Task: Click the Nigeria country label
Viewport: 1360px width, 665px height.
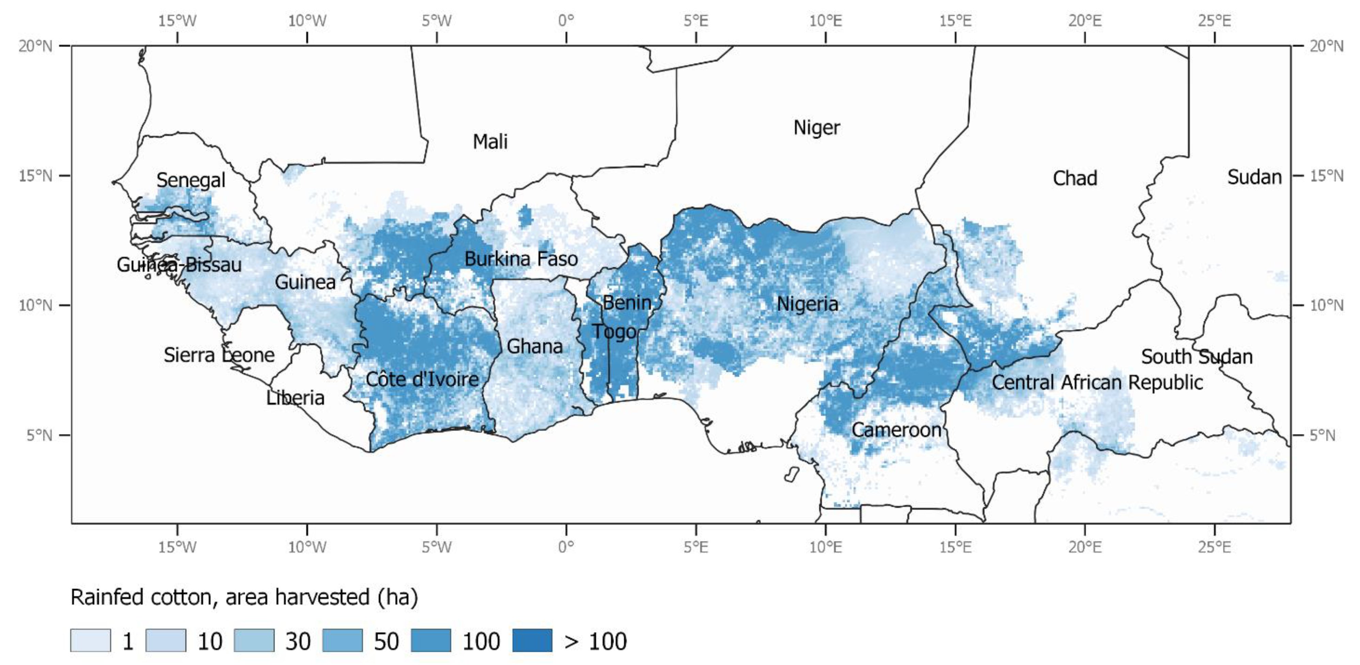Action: pyautogui.click(x=807, y=304)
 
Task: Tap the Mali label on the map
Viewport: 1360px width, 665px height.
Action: pyautogui.click(x=490, y=142)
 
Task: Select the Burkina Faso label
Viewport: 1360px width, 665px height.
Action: pyautogui.click(x=521, y=259)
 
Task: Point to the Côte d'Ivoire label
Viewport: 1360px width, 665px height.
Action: pyautogui.click(x=422, y=379)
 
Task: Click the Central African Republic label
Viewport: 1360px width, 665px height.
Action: pyautogui.click(x=1097, y=383)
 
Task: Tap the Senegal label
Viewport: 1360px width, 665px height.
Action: pyautogui.click(x=191, y=180)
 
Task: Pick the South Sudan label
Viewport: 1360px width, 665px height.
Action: pyautogui.click(x=1196, y=357)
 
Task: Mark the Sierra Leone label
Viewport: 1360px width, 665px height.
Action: pyautogui.click(x=219, y=355)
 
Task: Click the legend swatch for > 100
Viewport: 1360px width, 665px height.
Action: pyautogui.click(x=532, y=641)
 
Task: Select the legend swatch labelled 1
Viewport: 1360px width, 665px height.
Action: pyautogui.click(x=90, y=641)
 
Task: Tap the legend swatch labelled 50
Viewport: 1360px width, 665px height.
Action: pyautogui.click(x=342, y=641)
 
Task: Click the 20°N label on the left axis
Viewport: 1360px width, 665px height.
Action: pyautogui.click(x=35, y=46)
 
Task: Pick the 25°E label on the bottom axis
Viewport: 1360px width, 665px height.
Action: pyautogui.click(x=1214, y=547)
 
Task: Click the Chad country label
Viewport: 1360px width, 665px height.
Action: pyautogui.click(x=1074, y=179)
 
